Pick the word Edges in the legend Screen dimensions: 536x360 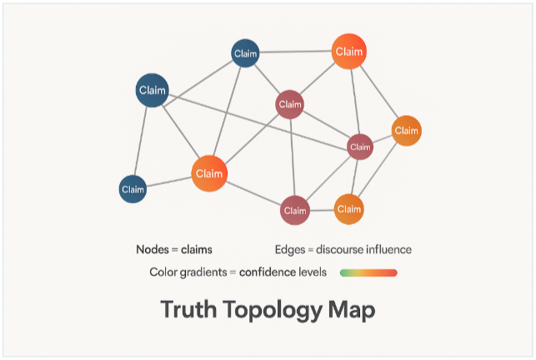[289, 249]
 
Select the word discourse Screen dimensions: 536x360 [344, 249]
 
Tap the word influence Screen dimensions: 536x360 [392, 249]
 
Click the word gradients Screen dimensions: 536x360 [207, 272]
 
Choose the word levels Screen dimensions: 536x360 [322, 272]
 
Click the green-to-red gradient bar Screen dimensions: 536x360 [368, 272]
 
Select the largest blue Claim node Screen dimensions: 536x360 [153, 90]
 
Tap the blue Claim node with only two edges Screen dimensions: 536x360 [133, 189]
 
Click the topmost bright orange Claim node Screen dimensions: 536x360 [348, 52]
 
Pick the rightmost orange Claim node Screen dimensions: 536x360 [406, 130]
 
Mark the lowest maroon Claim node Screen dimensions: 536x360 [295, 210]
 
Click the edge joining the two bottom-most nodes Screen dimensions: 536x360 [322, 209]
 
